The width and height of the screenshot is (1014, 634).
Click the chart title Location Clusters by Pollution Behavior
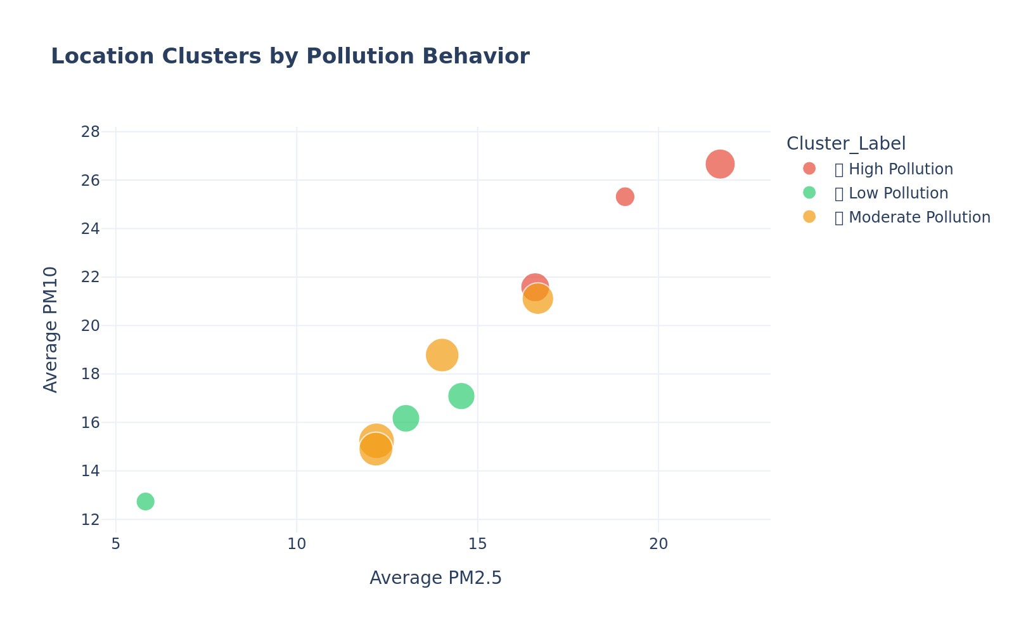click(290, 56)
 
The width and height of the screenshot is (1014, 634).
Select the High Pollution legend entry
click(893, 169)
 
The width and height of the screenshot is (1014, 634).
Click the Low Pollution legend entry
click(890, 193)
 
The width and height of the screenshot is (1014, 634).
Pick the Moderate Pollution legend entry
click(911, 217)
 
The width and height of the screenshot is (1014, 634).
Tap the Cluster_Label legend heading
click(845, 144)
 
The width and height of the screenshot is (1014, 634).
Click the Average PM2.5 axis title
click(435, 578)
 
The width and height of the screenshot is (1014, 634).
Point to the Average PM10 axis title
click(51, 329)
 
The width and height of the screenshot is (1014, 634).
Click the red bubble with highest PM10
click(720, 164)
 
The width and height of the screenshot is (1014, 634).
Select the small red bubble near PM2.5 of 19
click(625, 197)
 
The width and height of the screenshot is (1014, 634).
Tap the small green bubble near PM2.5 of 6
click(145, 501)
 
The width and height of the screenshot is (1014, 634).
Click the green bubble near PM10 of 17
click(461, 396)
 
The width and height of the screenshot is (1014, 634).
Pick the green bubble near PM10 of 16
click(406, 418)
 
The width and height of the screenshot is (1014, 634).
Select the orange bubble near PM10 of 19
click(442, 355)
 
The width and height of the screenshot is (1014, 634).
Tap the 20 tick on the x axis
click(658, 544)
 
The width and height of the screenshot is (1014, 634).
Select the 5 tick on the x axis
click(116, 544)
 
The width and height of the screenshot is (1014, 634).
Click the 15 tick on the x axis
click(477, 544)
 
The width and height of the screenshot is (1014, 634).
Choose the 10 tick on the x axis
click(297, 544)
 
